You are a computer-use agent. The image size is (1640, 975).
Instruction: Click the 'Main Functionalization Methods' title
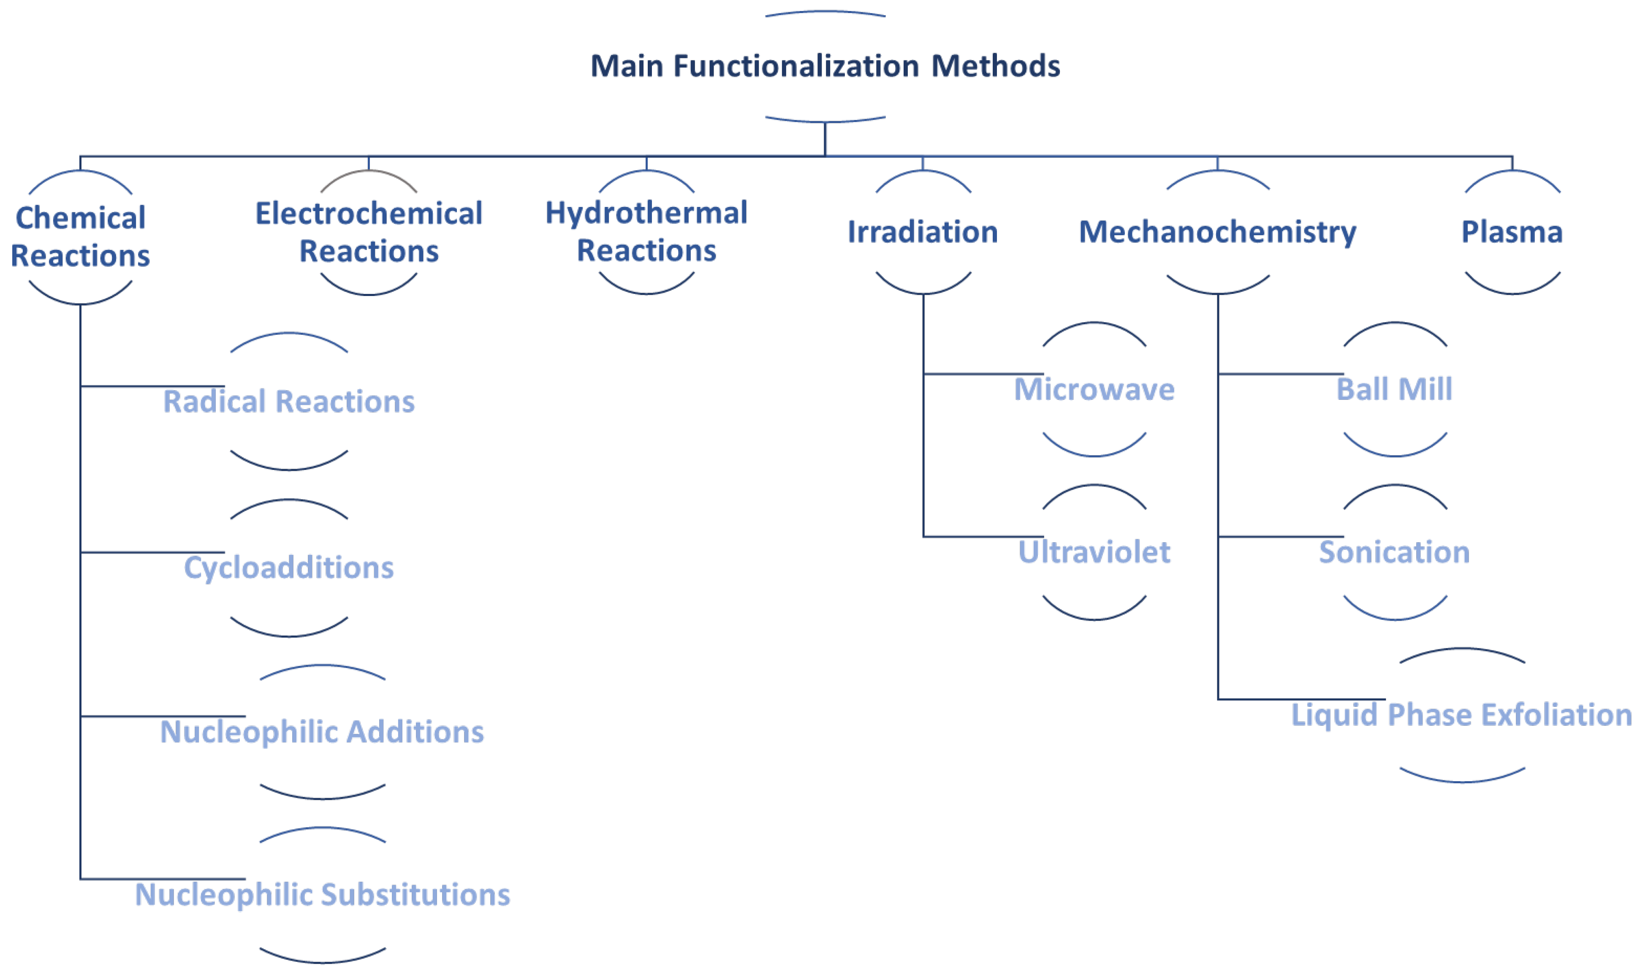point(825,66)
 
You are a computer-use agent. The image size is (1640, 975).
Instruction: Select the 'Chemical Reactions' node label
point(80,236)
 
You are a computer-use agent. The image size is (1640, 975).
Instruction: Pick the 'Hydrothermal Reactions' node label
point(646,231)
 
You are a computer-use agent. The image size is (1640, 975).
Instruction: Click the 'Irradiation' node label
point(922,232)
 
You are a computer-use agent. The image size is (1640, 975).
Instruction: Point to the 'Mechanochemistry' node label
point(1217,232)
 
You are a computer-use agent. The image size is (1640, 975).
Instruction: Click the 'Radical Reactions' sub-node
point(289,402)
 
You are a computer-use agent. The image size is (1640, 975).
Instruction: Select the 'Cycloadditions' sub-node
point(289,568)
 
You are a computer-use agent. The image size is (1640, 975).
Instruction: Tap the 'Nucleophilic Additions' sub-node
point(322,732)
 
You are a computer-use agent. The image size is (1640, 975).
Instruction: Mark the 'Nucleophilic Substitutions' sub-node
point(322,895)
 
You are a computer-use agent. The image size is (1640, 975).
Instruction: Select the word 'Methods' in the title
point(996,66)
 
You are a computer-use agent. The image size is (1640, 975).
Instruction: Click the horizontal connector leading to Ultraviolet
point(983,537)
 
